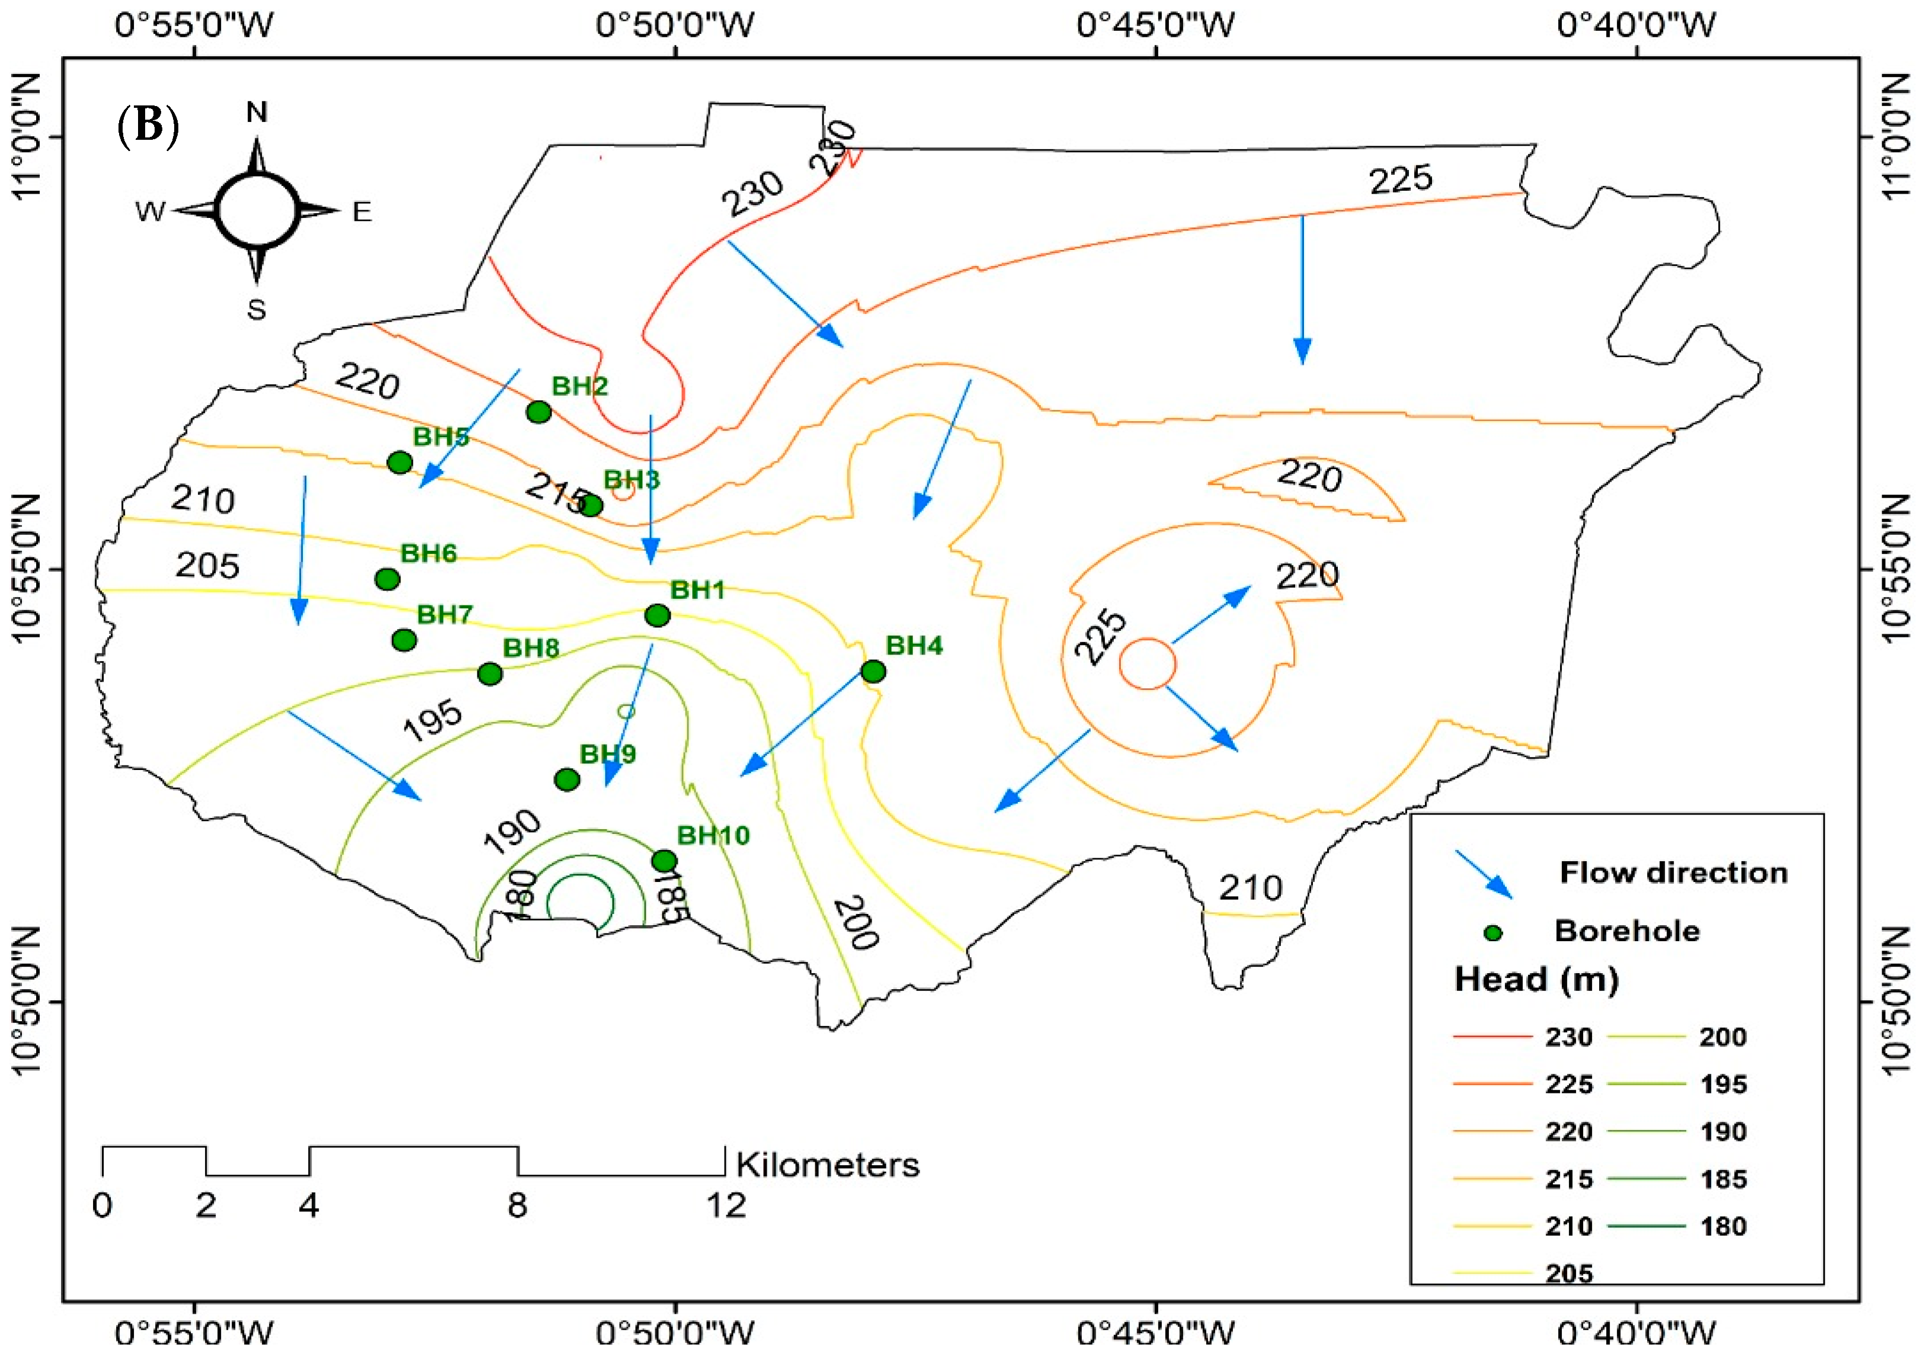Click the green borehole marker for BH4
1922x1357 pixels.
pyautogui.click(x=873, y=671)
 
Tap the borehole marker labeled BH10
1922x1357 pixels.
pyautogui.click(x=664, y=861)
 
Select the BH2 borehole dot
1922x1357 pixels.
pyautogui.click(x=539, y=411)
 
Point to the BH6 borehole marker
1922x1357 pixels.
pyautogui.click(x=387, y=579)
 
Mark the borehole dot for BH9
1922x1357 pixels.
pyautogui.click(x=567, y=779)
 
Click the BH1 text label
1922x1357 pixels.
pyautogui.click(x=697, y=589)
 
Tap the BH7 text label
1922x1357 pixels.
pyautogui.click(x=444, y=614)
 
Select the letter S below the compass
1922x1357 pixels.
pyautogui.click(x=256, y=310)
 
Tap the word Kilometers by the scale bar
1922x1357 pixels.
pyautogui.click(x=827, y=1164)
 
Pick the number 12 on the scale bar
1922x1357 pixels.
pyautogui.click(x=725, y=1205)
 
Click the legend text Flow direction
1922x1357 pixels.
pyautogui.click(x=1673, y=872)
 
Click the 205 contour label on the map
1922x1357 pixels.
pyautogui.click(x=207, y=566)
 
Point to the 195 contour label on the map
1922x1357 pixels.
pyautogui.click(x=432, y=719)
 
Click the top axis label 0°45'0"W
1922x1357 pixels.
pyautogui.click(x=1155, y=25)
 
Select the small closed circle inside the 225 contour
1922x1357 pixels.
pyautogui.click(x=1148, y=664)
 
